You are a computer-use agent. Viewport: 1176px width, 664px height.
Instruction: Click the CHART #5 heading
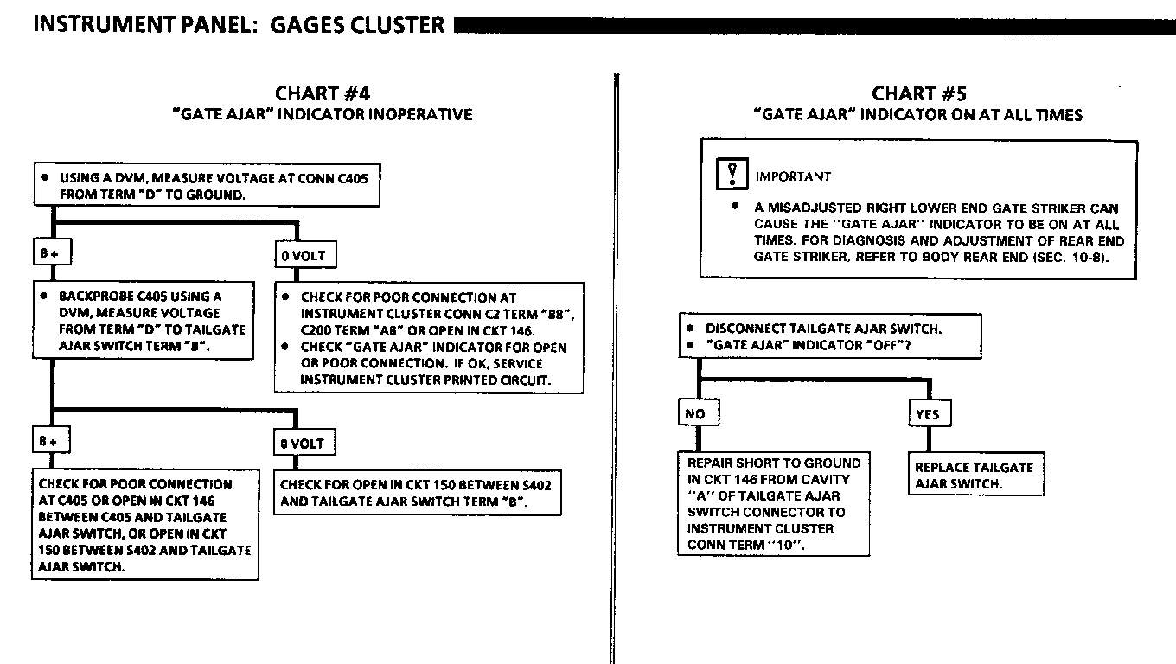click(x=917, y=93)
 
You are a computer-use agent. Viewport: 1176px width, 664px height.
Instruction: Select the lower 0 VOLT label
click(x=302, y=444)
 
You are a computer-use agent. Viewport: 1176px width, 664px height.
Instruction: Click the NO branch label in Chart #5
click(x=695, y=413)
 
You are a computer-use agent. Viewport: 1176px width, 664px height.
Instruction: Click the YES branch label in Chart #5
click(x=927, y=414)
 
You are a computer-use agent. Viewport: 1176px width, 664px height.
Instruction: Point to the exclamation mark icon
click(x=732, y=175)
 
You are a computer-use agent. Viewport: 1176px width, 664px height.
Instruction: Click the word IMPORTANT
click(x=793, y=176)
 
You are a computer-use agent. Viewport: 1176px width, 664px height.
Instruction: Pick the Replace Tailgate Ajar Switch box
click(x=975, y=475)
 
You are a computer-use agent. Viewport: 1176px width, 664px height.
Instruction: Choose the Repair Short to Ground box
click(x=774, y=504)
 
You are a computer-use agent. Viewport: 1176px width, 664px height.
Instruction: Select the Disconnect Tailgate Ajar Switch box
click(x=829, y=336)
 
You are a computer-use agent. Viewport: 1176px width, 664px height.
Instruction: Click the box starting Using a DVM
click(x=207, y=186)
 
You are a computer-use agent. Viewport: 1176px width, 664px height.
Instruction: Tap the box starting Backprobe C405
click(x=145, y=320)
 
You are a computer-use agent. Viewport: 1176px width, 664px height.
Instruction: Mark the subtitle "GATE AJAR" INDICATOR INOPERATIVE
click(x=323, y=114)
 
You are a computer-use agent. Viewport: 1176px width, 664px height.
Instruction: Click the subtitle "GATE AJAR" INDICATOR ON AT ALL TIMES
click(x=917, y=114)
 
